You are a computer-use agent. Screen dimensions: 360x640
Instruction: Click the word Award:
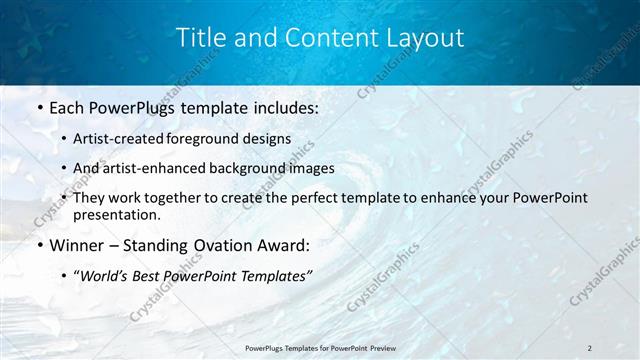click(x=282, y=244)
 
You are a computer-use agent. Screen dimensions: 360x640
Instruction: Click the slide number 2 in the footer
click(x=590, y=348)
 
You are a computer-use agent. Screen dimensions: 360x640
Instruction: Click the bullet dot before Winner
click(x=38, y=245)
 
